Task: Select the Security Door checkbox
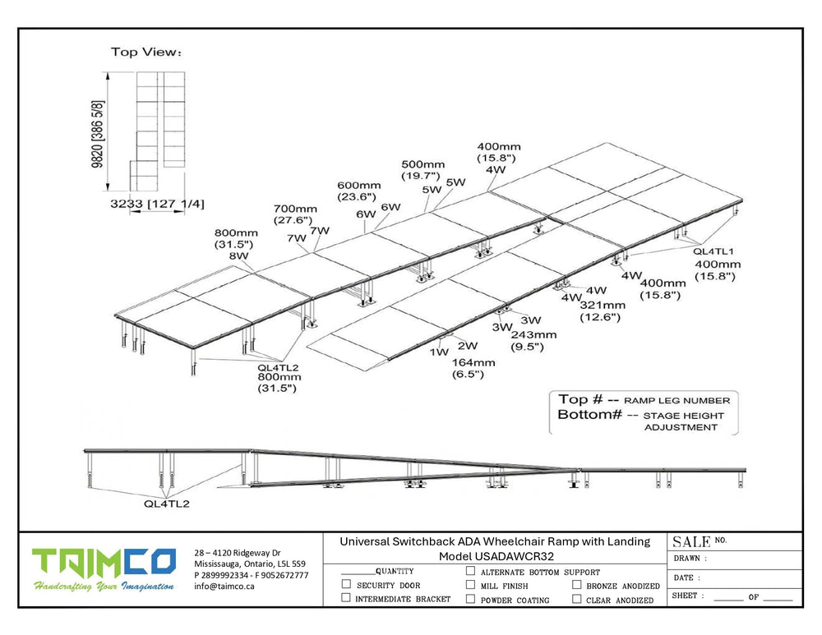click(346, 585)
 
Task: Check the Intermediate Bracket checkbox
click(346, 599)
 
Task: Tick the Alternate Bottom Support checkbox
click(470, 571)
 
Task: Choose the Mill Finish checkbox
click(470, 585)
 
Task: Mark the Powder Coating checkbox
click(470, 599)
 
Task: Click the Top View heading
click(146, 53)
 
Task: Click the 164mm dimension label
click(473, 362)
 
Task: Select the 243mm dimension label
click(533, 334)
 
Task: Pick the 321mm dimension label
click(602, 305)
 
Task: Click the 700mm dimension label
click(294, 209)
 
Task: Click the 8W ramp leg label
click(238, 255)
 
